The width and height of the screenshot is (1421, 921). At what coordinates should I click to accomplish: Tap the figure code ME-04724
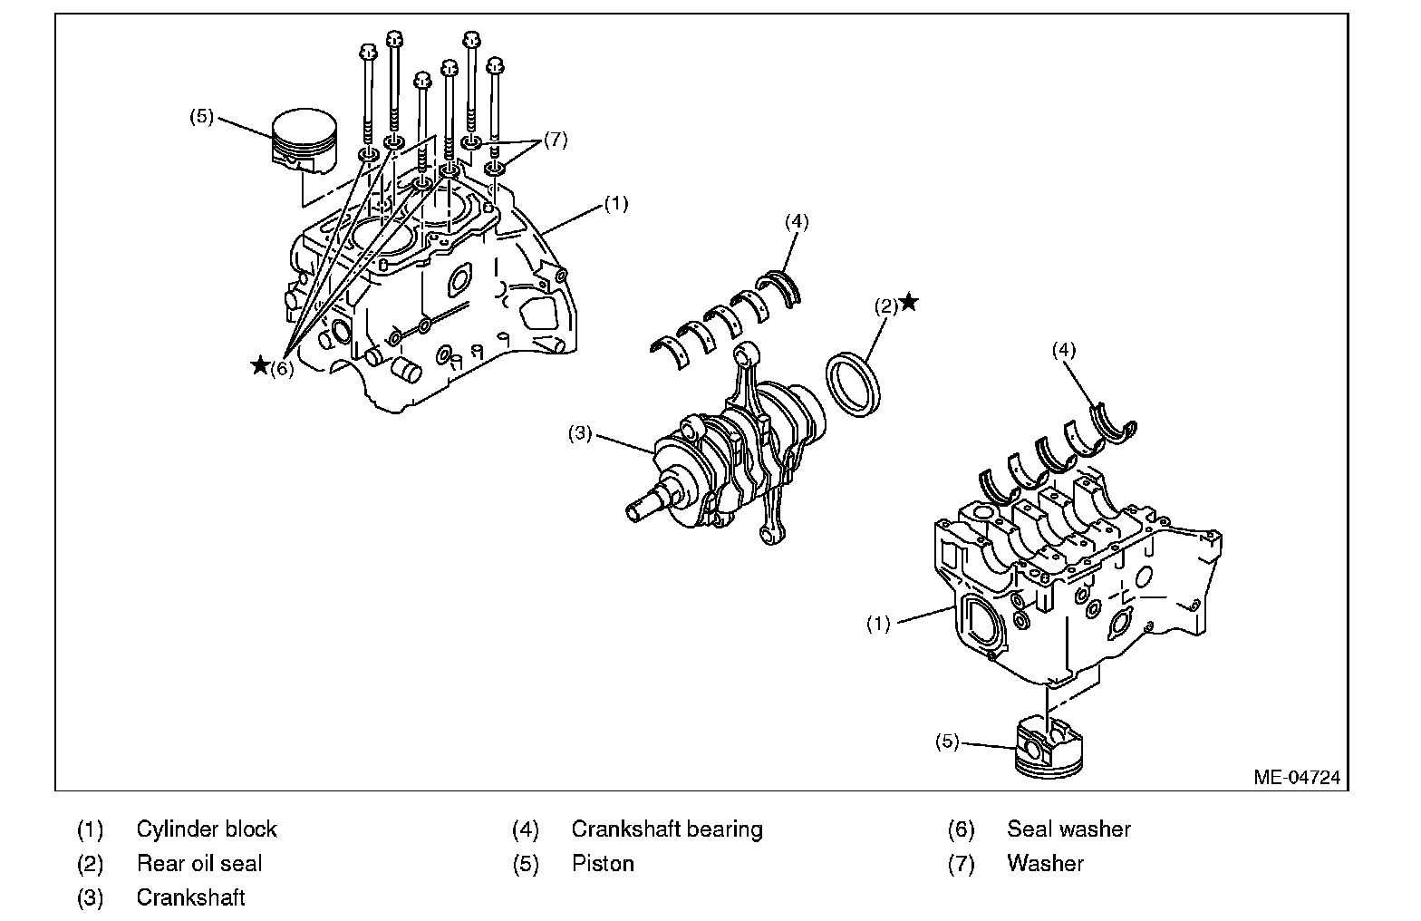click(x=1297, y=777)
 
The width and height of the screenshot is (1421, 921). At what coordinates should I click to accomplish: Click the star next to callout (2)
click(x=908, y=302)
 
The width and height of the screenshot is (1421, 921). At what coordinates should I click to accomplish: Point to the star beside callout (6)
click(x=260, y=365)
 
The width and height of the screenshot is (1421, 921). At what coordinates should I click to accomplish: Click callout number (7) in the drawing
click(x=555, y=141)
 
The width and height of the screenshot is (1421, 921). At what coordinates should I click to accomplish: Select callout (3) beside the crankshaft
click(x=580, y=433)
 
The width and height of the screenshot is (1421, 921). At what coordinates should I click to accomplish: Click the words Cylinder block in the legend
click(x=207, y=829)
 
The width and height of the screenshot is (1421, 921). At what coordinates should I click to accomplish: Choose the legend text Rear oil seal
click(x=199, y=863)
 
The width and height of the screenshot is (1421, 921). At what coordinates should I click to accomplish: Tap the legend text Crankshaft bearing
click(x=667, y=829)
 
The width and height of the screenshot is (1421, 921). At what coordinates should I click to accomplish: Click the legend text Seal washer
click(x=1068, y=829)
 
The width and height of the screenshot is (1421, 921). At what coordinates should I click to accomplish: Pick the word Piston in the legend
click(x=603, y=863)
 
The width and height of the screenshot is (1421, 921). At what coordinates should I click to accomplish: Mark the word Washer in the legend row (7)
click(x=1045, y=863)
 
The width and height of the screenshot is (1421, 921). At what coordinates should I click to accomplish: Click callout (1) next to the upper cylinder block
click(x=615, y=204)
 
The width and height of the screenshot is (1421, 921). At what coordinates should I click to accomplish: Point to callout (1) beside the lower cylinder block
click(x=878, y=623)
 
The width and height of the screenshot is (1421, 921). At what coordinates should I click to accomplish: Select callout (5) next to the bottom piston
click(x=947, y=741)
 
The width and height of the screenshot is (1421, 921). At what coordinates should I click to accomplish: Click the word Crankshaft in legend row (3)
click(x=190, y=897)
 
